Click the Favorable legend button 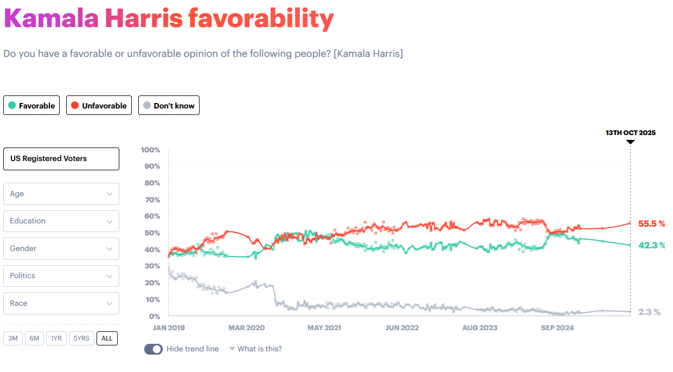coord(31,106)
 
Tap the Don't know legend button coord(169,106)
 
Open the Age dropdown coord(61,194)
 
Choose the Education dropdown coord(61,221)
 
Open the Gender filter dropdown coord(61,248)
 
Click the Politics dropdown coord(61,276)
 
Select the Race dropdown coord(61,303)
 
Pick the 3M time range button coord(13,338)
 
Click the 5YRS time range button coord(81,338)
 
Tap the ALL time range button coord(107,338)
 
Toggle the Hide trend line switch coord(153,349)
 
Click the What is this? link coord(259,349)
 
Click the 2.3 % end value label coord(649,312)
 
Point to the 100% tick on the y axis coord(150,150)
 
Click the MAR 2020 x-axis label coord(247,328)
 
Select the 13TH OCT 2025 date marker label coord(630,133)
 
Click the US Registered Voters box coord(61,159)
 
